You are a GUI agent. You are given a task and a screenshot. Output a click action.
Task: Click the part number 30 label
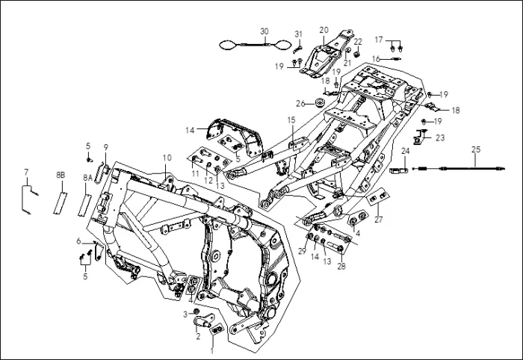coord(264,31)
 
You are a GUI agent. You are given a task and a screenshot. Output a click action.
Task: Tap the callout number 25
coord(476,149)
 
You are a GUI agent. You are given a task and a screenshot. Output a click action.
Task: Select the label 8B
coord(61,176)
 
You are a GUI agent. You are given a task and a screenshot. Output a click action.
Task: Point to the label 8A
coord(87,179)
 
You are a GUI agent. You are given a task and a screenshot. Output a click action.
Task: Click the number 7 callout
coord(26,172)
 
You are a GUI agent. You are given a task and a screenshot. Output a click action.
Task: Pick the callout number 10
coord(167,158)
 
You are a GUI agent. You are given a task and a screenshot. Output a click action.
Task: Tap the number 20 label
coord(324,30)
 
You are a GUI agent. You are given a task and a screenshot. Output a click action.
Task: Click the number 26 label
coord(300,104)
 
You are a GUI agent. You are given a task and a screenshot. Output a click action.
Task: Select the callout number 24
coord(405,152)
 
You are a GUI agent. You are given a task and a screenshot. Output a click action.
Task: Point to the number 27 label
coord(379,220)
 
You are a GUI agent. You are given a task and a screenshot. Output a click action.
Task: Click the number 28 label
coord(341,266)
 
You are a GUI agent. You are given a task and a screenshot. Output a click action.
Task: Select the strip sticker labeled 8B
coord(60,203)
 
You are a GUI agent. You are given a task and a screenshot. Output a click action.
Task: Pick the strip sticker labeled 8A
coord(84,205)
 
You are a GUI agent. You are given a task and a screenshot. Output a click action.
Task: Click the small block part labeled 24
coord(398,171)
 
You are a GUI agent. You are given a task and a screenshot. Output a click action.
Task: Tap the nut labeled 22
coord(357,54)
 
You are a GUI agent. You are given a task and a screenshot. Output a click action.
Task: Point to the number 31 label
coord(299,34)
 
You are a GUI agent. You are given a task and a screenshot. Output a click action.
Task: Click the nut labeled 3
coord(196,312)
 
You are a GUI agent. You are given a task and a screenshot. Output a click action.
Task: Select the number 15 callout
coord(291,120)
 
